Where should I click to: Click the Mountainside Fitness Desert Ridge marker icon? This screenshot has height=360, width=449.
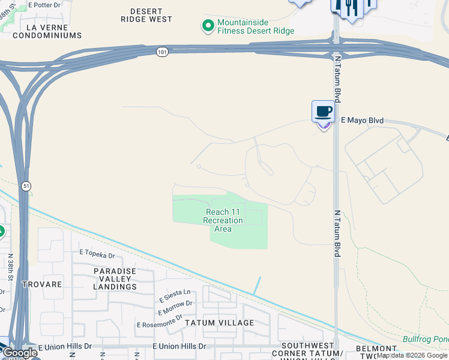208,26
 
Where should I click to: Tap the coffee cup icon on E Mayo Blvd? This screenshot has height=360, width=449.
323,111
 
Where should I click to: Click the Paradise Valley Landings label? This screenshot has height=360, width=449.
115,279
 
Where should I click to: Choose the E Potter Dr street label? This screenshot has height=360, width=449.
49,4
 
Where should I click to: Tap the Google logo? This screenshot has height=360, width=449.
20,353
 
